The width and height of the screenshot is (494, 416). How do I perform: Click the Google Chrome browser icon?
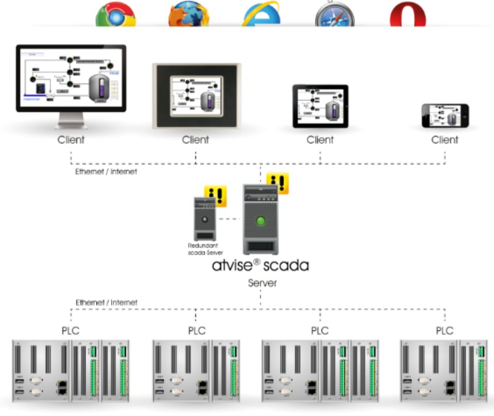(x=116, y=15)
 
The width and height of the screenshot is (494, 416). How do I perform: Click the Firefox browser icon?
(x=189, y=15)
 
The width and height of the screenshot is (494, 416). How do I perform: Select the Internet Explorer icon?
(x=262, y=15)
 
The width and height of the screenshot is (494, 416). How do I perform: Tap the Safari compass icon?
(x=335, y=15)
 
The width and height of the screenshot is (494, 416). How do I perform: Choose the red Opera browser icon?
(x=408, y=15)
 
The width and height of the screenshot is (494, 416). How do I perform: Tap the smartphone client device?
(x=445, y=116)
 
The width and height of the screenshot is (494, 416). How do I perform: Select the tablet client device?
(x=320, y=107)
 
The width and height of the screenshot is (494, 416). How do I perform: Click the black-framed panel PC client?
(x=196, y=96)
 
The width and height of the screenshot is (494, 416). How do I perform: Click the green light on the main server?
(x=261, y=221)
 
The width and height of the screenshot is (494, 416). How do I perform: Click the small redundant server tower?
(x=207, y=219)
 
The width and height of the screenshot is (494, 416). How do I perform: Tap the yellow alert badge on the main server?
(x=277, y=184)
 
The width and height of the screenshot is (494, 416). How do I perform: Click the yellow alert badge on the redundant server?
(x=215, y=196)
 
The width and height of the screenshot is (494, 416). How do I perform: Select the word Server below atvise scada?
(x=262, y=283)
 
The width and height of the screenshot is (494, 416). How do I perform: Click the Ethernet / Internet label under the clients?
(x=106, y=172)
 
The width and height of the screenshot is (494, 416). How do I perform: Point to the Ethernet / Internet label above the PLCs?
(x=106, y=303)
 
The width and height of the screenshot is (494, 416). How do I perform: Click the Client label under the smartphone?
(x=445, y=140)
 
